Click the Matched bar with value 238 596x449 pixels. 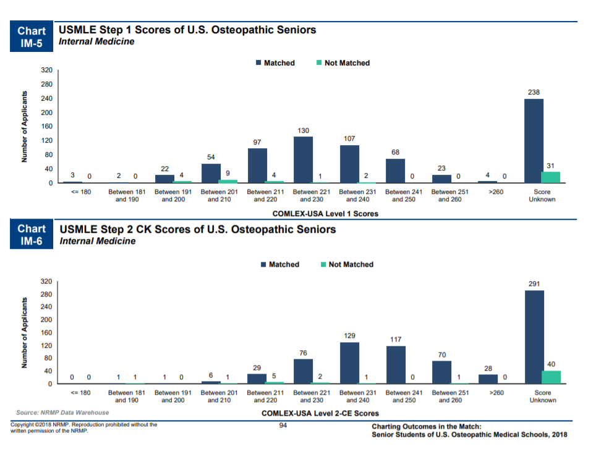(534, 141)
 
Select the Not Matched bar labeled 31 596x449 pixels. (551, 177)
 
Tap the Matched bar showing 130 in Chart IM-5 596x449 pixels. (303, 159)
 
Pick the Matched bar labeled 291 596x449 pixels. (534, 337)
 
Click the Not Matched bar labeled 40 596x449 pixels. (551, 377)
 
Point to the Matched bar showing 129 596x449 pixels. (349, 363)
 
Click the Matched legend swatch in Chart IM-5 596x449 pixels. (258, 63)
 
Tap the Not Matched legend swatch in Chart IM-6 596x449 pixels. (324, 264)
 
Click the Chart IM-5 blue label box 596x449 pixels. (31, 37)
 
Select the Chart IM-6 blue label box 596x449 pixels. (31, 235)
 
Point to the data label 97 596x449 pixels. (257, 142)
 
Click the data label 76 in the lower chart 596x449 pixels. (303, 353)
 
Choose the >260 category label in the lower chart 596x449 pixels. (496, 393)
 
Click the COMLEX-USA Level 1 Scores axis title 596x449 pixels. (325, 214)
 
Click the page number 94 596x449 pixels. (284, 425)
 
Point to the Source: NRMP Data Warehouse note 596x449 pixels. (62, 412)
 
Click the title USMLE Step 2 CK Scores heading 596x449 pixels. (198, 230)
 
